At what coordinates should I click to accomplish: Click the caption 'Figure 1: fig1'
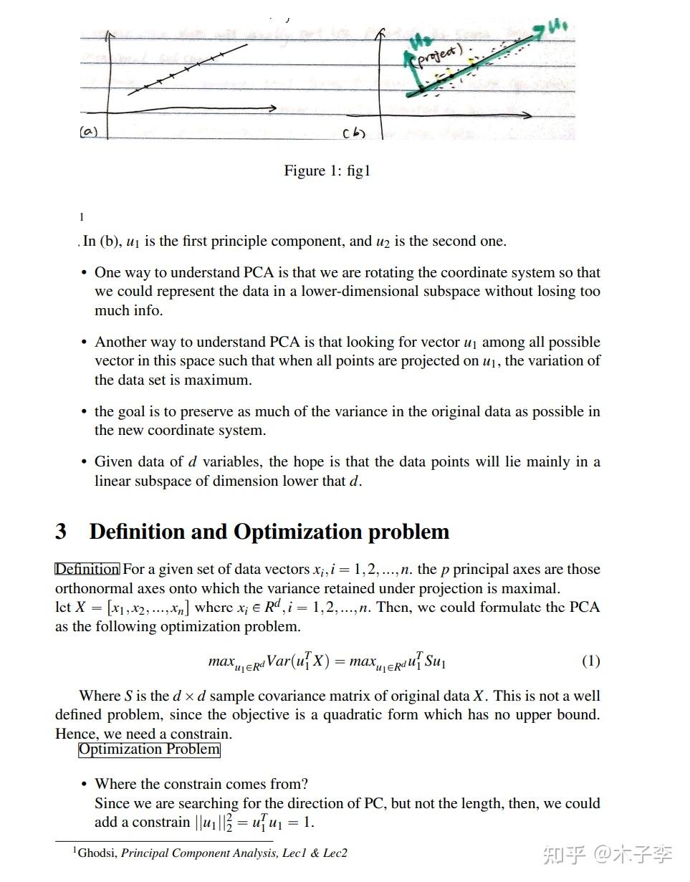327,171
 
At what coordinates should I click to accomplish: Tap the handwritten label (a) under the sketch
88,131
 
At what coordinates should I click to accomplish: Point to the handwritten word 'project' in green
439,54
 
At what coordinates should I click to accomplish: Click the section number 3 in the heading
61,532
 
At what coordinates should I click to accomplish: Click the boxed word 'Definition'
87,570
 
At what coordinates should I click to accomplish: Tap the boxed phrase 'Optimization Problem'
149,749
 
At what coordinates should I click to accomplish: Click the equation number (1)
590,661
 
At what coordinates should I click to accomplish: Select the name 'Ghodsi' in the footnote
97,853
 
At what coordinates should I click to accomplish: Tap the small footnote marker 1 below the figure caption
82,217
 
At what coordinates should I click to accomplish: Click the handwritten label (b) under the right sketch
353,133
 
